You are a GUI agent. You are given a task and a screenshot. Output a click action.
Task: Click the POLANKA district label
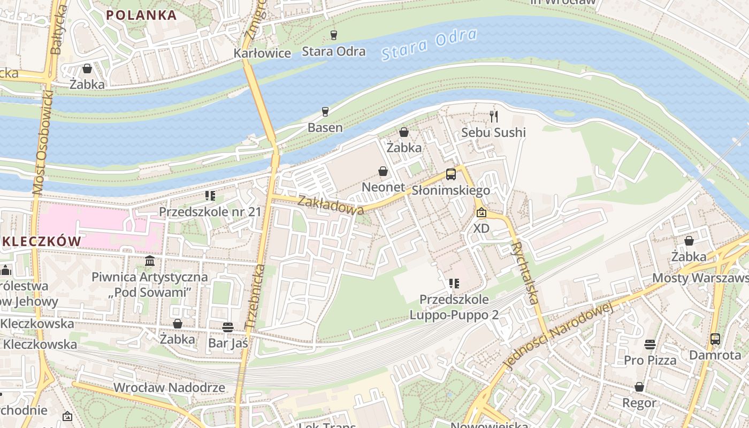(x=141, y=15)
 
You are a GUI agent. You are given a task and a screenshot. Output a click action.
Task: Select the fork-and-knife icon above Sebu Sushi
(x=494, y=116)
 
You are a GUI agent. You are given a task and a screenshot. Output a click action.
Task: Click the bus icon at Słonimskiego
(x=451, y=174)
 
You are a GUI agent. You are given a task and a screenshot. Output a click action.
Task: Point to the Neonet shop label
(x=384, y=187)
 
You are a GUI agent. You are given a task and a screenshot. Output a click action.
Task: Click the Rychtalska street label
(x=525, y=273)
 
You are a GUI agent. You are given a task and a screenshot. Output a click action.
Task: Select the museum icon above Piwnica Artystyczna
(x=150, y=261)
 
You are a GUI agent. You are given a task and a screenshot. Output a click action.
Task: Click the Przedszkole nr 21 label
(x=210, y=211)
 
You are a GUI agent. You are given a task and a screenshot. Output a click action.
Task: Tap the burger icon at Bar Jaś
(x=228, y=327)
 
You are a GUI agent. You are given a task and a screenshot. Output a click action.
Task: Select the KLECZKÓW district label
(x=40, y=241)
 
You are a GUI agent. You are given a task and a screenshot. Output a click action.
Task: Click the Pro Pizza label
(x=650, y=360)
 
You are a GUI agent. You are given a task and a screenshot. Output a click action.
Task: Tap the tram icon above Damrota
(x=715, y=339)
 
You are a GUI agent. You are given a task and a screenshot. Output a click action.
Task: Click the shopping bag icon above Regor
(x=639, y=387)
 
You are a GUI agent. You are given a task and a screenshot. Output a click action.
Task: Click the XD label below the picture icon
(x=481, y=228)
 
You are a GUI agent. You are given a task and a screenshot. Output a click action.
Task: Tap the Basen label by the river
(x=325, y=127)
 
